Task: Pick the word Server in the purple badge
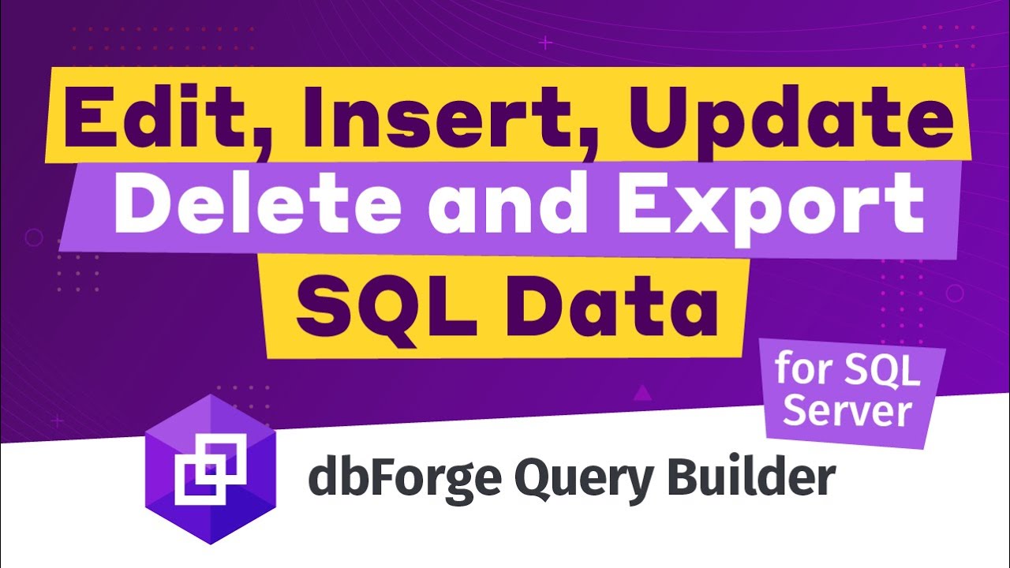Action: [x=848, y=411]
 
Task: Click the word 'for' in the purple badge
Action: [x=804, y=369]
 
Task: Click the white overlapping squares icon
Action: [x=208, y=472]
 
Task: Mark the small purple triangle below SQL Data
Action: [x=642, y=390]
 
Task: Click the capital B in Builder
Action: [x=679, y=477]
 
